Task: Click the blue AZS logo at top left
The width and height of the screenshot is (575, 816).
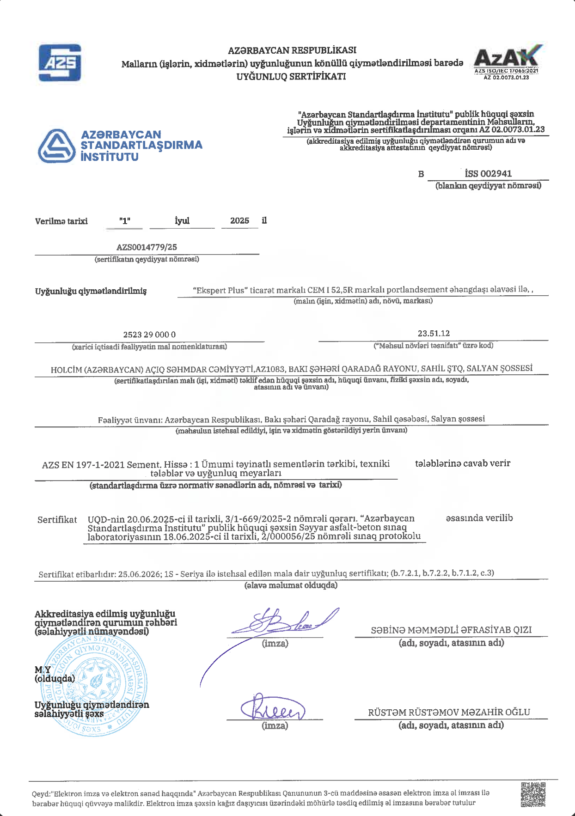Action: [x=60, y=63]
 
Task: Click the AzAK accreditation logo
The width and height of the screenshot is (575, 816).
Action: [x=507, y=60]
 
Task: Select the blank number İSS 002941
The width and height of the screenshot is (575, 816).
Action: [x=488, y=174]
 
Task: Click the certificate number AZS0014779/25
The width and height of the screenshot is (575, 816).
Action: [x=147, y=247]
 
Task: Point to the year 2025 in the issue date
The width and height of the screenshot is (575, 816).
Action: [x=239, y=221]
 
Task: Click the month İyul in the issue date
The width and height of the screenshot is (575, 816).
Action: [x=182, y=221]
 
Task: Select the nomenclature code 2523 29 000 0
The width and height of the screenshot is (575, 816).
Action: [x=149, y=335]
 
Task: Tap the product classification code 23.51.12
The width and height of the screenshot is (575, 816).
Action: [x=434, y=334]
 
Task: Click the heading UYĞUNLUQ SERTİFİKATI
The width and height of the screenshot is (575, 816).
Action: [x=291, y=77]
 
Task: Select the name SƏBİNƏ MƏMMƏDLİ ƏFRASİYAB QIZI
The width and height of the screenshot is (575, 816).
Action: [x=451, y=630]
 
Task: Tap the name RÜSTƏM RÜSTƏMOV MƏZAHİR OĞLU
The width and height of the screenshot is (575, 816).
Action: [x=449, y=712]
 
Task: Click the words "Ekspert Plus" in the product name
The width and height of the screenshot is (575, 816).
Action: [x=220, y=291]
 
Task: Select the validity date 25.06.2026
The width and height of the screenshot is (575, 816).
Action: [x=139, y=574]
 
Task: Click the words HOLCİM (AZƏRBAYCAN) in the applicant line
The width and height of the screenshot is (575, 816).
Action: [x=97, y=370]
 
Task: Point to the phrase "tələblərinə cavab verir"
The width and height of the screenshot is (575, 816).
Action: [x=463, y=463]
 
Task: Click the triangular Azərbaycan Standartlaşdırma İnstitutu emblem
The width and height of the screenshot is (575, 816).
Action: [x=56, y=146]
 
